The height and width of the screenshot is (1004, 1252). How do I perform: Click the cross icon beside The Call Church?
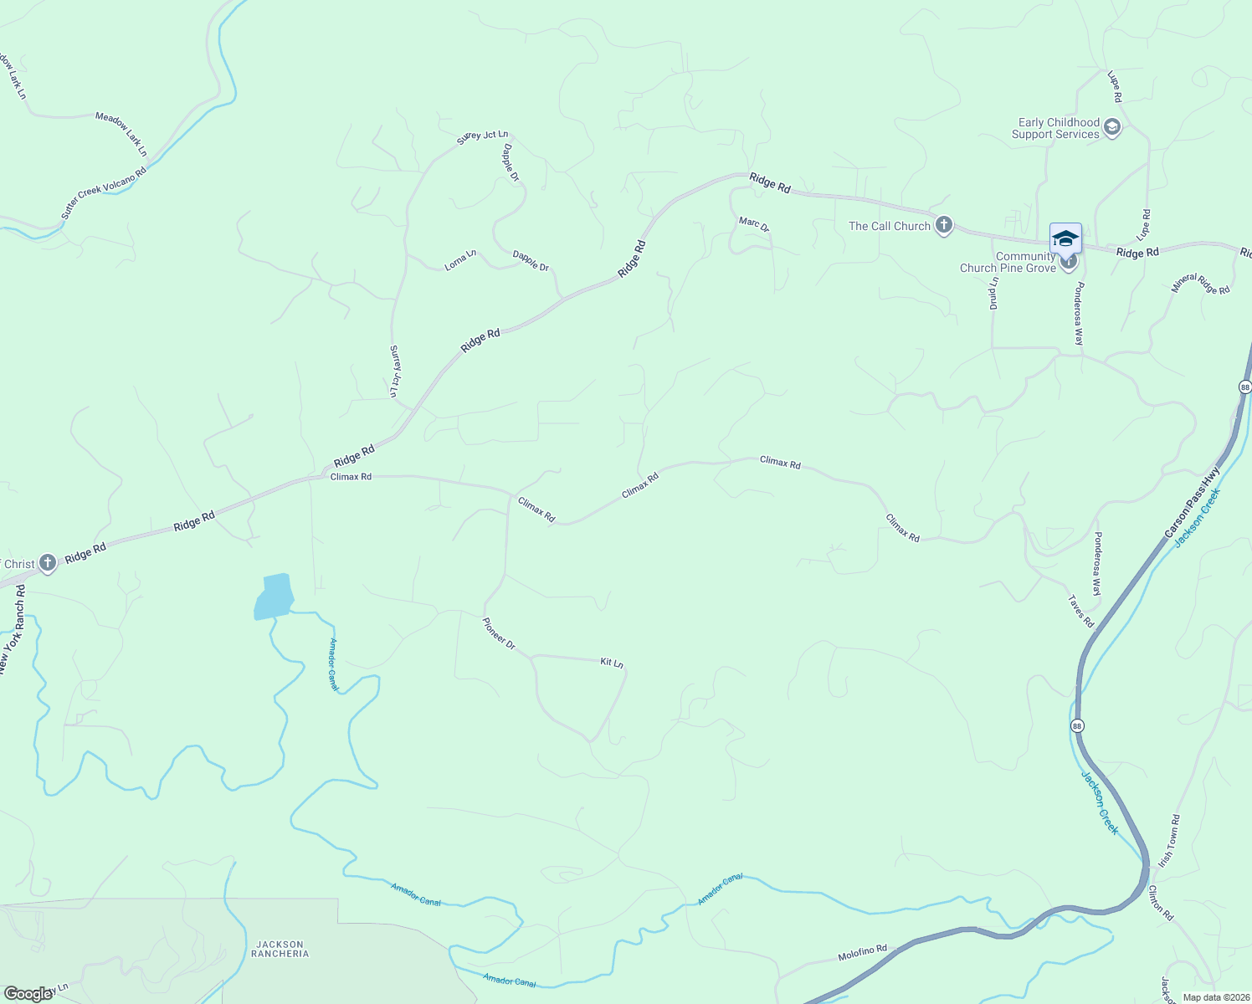[x=944, y=225]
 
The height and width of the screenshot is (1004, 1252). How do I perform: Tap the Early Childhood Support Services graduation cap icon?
[x=1112, y=128]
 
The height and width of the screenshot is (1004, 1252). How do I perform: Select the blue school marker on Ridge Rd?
[x=1065, y=238]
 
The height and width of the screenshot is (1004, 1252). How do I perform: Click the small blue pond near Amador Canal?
[x=274, y=597]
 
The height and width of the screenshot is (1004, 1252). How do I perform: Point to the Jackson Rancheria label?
[x=280, y=949]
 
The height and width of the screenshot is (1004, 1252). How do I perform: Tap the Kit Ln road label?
[x=612, y=663]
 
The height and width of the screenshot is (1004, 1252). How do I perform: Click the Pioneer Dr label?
[x=499, y=633]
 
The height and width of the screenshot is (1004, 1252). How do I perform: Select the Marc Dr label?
[x=753, y=223]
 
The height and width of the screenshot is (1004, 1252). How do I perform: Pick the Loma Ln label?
[x=460, y=260]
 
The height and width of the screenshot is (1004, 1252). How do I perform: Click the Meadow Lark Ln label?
[x=121, y=134]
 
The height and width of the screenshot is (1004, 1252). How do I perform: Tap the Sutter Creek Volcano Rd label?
[x=104, y=193]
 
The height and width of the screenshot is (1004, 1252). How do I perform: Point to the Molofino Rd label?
[x=862, y=952]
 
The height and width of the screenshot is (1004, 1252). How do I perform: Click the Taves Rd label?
[x=1081, y=611]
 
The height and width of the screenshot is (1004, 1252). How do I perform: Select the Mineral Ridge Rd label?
[x=1201, y=284]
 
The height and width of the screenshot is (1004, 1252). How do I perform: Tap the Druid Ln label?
[x=993, y=293]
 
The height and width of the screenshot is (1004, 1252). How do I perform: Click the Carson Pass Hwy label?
[x=1193, y=502]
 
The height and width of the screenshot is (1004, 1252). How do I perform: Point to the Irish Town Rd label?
[x=1169, y=841]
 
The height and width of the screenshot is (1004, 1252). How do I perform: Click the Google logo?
[x=28, y=994]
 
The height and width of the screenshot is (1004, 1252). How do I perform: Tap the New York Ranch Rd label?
[x=10, y=629]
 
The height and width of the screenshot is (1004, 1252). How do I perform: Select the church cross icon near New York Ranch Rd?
[x=48, y=562]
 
